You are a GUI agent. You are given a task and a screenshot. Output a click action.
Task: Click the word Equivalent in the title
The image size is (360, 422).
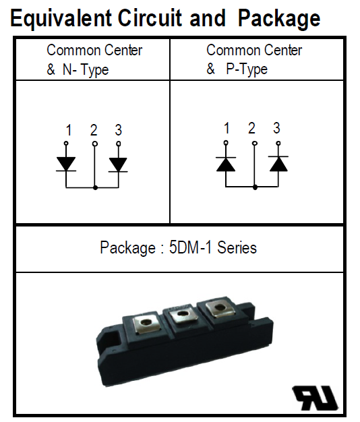(61, 18)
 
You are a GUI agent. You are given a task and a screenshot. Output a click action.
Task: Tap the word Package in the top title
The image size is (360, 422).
(279, 18)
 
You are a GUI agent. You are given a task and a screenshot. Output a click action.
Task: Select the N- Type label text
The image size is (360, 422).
(86, 69)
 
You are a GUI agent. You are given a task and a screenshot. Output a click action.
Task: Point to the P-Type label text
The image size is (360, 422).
(247, 69)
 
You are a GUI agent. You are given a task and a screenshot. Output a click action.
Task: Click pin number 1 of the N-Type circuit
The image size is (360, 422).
(69, 130)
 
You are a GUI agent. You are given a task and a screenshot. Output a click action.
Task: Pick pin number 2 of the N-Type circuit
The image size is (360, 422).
(93, 130)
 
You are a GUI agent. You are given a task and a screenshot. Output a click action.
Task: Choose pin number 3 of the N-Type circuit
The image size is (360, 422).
(119, 130)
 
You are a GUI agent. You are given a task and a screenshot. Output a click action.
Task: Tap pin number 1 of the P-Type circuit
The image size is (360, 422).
(227, 128)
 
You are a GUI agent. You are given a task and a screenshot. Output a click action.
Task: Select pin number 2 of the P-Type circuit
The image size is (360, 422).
(251, 128)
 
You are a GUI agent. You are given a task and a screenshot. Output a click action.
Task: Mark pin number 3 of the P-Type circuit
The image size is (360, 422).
(276, 128)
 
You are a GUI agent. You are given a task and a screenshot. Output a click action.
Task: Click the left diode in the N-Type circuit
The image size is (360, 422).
(66, 164)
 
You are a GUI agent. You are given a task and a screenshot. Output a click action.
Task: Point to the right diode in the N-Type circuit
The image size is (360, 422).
(118, 164)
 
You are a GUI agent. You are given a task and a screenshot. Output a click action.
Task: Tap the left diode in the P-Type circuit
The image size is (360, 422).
(226, 164)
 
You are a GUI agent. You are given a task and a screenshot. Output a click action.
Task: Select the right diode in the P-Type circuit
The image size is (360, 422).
(278, 164)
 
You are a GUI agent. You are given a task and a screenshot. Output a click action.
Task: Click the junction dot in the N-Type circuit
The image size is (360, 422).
(95, 187)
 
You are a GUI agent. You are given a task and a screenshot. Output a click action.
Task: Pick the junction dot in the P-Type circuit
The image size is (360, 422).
(255, 187)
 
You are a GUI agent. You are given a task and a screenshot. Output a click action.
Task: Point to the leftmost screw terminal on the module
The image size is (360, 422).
(147, 323)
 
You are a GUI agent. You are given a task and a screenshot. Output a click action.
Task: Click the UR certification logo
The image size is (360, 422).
(315, 398)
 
